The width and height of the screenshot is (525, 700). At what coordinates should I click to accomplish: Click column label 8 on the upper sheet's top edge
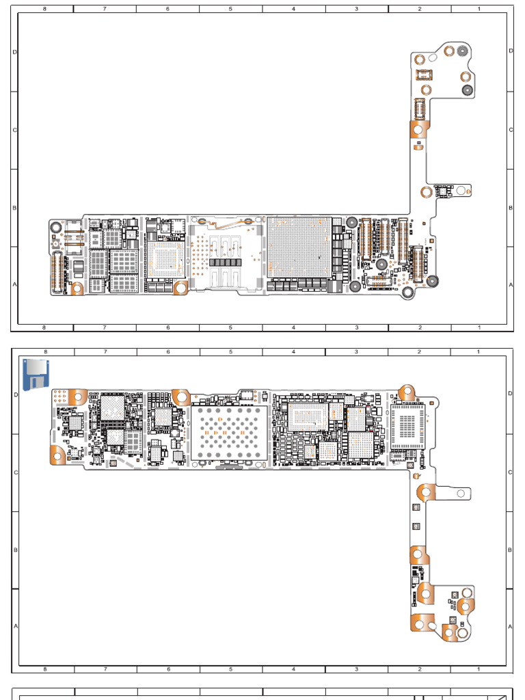point(44,9)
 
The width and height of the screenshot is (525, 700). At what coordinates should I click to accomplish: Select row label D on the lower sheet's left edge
point(15,394)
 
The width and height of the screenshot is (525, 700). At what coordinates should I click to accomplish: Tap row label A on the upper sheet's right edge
point(510,285)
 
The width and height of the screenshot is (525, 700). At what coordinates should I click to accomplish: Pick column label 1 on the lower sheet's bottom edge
point(479,669)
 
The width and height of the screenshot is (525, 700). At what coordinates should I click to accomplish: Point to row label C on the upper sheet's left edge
point(14,130)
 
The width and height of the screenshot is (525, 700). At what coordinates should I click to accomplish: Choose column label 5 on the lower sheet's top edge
point(230,351)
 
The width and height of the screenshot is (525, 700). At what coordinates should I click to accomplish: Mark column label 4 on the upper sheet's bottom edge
point(293,327)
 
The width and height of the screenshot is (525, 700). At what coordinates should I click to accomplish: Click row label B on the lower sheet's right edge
point(510,549)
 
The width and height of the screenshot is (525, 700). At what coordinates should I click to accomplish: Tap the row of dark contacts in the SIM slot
point(226,262)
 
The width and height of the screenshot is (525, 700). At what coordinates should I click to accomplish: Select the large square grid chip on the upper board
point(299,247)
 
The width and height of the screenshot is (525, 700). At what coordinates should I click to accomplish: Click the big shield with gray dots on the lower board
point(229,433)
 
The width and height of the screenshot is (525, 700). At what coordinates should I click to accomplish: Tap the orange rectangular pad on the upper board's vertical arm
point(417,128)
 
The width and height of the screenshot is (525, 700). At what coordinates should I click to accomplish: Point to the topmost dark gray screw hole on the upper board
point(463,51)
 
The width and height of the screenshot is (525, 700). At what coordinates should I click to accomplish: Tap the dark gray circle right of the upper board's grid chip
point(351,222)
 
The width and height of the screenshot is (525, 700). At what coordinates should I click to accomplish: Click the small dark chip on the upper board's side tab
point(444,191)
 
